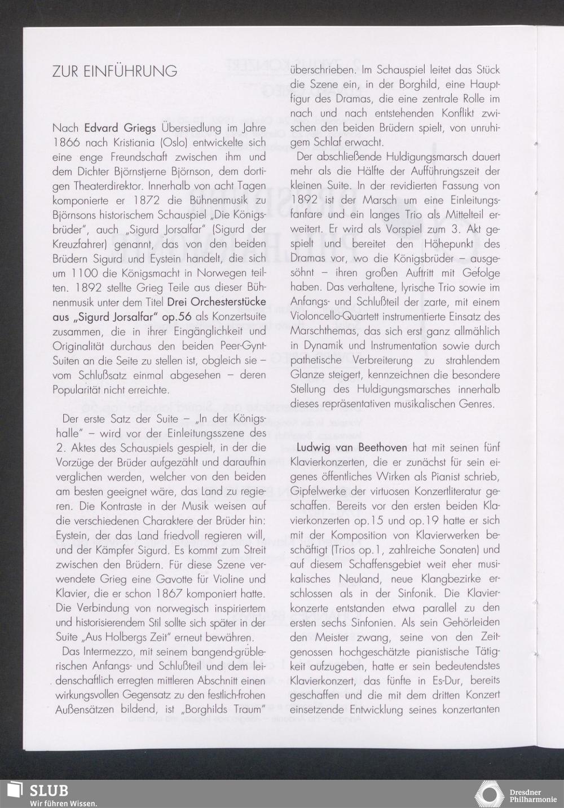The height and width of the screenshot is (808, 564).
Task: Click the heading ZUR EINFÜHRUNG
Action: [114, 72]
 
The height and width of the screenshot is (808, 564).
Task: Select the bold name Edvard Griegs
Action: [120, 128]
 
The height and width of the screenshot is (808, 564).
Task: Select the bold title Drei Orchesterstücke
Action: [216, 302]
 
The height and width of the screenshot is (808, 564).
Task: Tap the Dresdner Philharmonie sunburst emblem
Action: [488, 794]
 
